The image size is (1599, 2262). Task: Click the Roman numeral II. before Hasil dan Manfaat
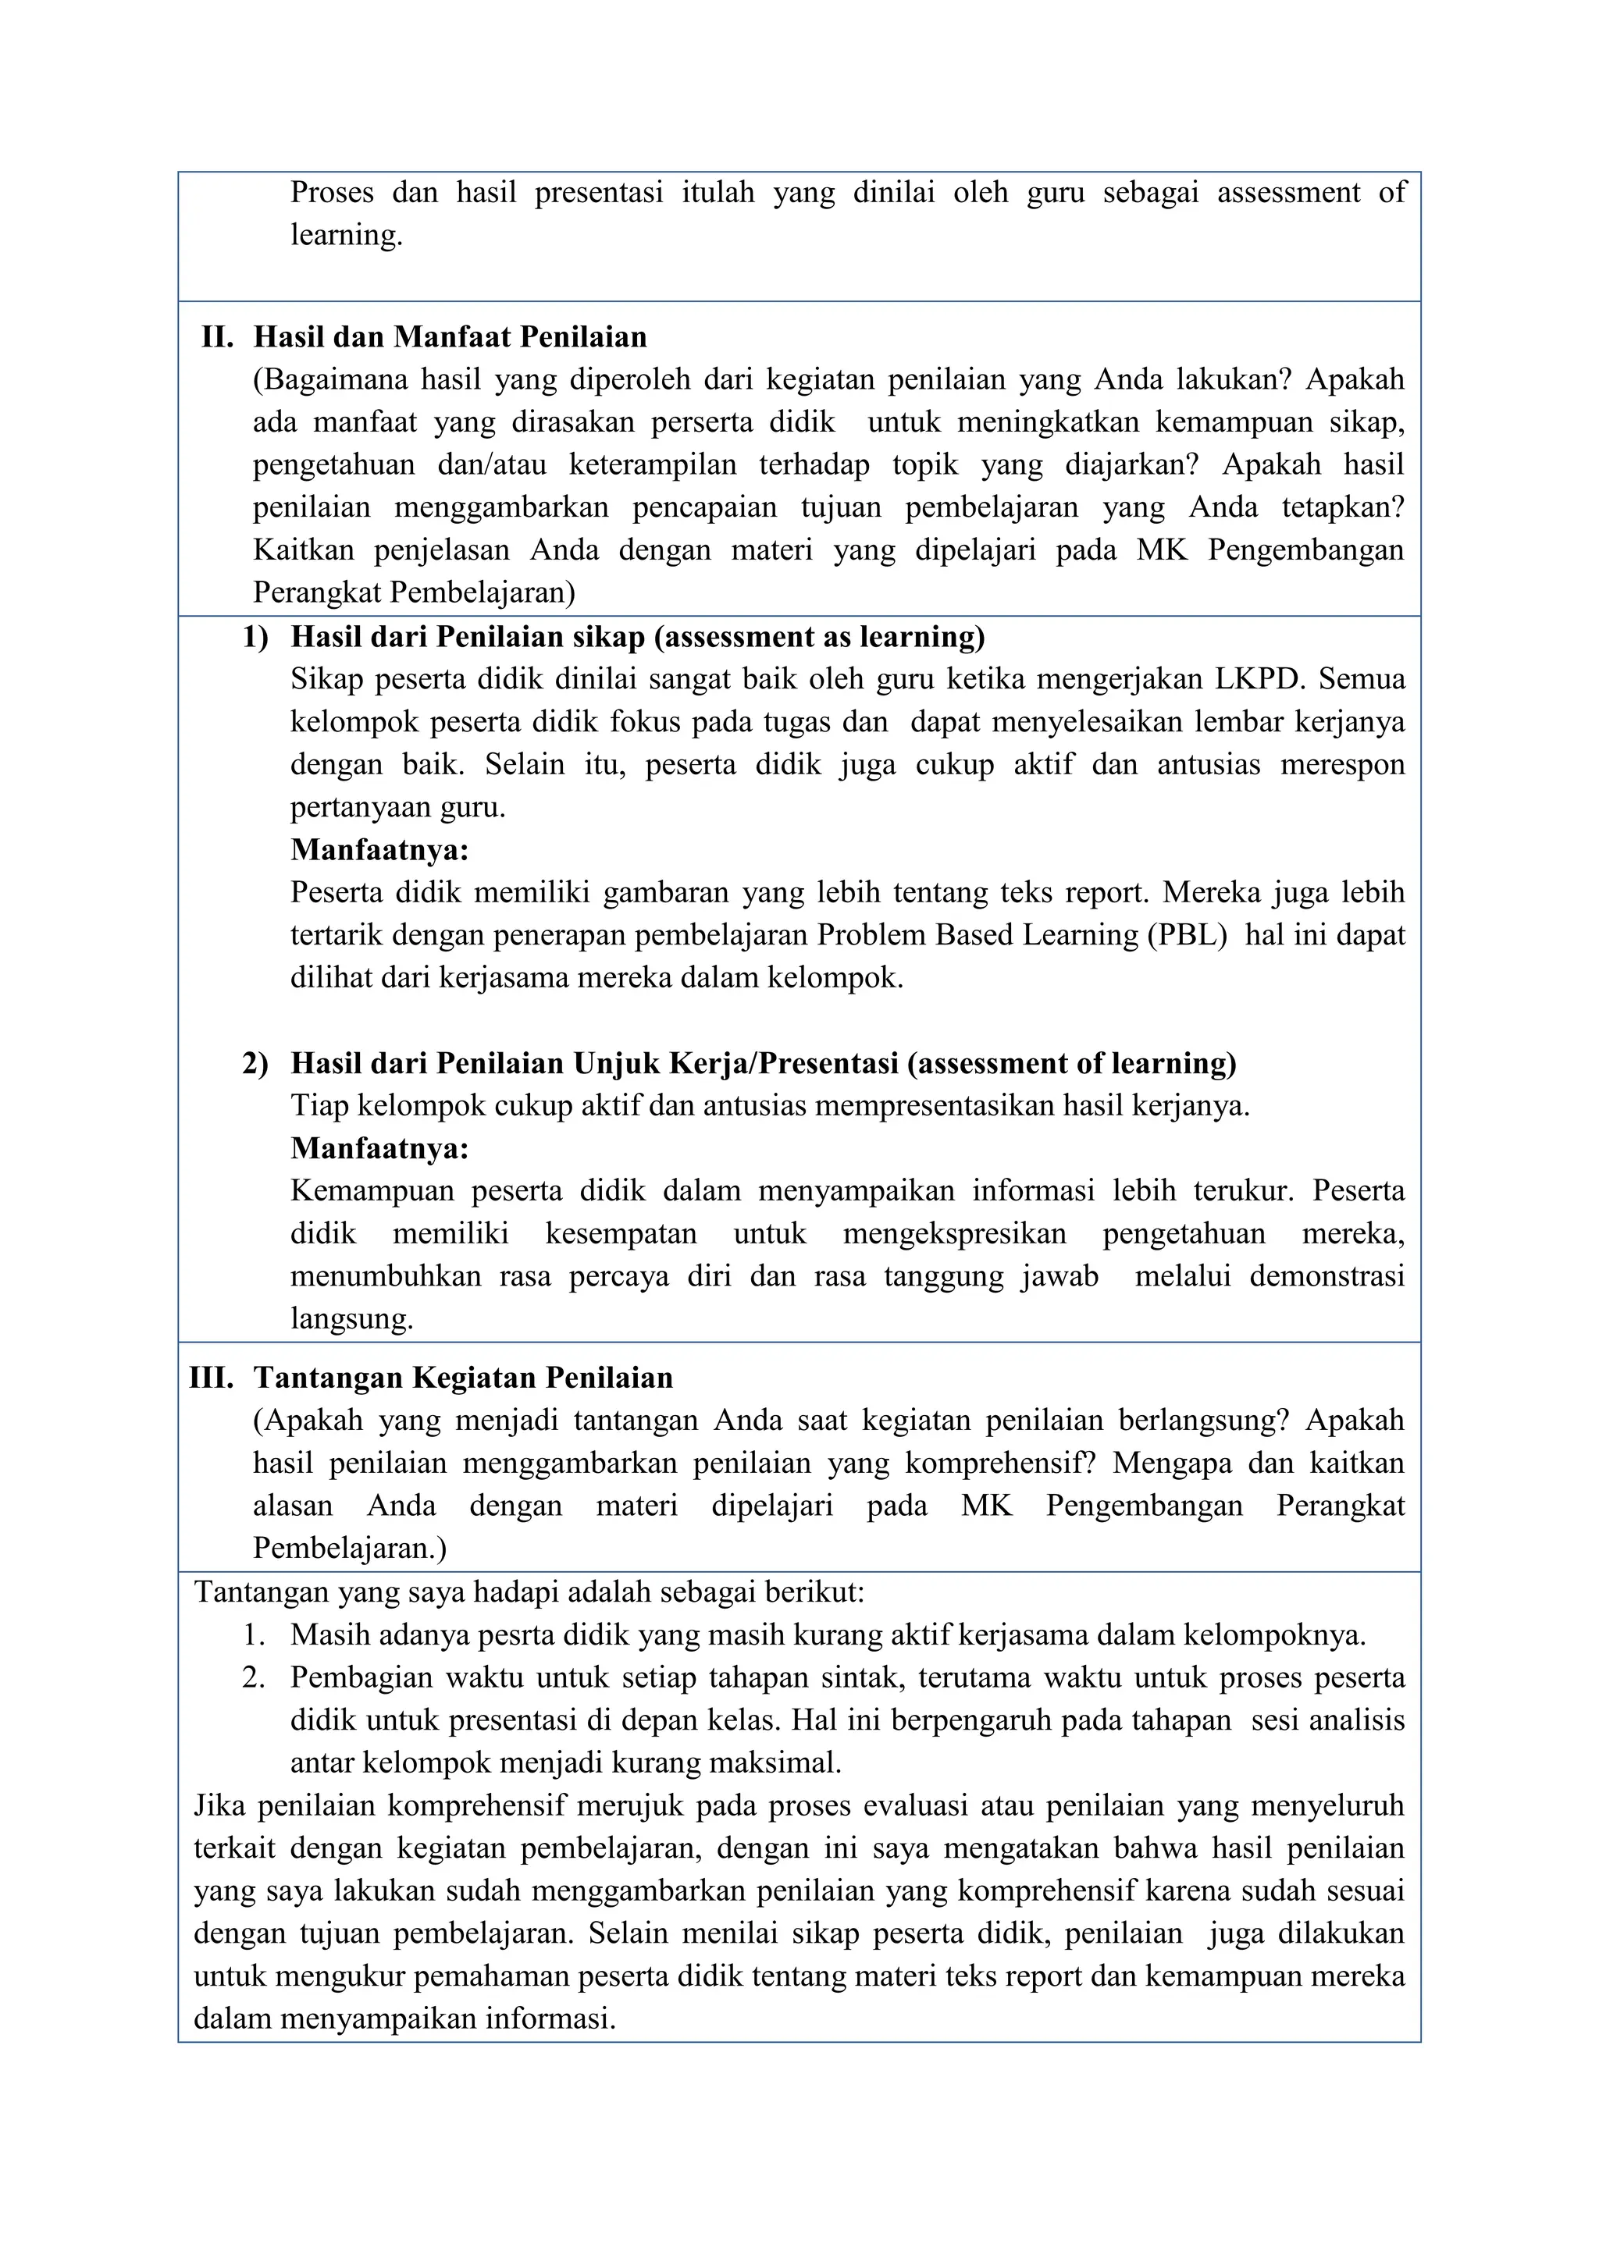(x=218, y=337)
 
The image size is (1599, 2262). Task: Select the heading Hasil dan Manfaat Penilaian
(x=450, y=337)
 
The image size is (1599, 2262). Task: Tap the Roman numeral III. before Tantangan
(x=211, y=1378)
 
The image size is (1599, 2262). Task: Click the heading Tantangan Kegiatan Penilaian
(x=463, y=1378)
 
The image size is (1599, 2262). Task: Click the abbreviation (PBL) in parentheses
(x=1188, y=935)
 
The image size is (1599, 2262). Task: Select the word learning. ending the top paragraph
(x=346, y=236)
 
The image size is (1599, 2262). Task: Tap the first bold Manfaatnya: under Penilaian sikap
(x=379, y=850)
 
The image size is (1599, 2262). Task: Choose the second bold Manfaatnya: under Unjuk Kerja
(x=379, y=1149)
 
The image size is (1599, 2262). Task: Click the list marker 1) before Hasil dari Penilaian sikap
(x=255, y=638)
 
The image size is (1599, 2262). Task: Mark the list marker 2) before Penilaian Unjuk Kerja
(x=255, y=1064)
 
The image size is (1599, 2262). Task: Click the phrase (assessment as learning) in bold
(x=820, y=638)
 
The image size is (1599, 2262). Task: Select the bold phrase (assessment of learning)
(x=1072, y=1064)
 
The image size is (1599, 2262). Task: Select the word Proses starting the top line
(x=332, y=193)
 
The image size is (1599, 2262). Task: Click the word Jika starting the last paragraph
(x=218, y=1806)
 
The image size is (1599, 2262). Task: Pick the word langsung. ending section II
(x=351, y=1319)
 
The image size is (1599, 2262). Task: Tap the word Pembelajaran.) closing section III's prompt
(x=350, y=1548)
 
